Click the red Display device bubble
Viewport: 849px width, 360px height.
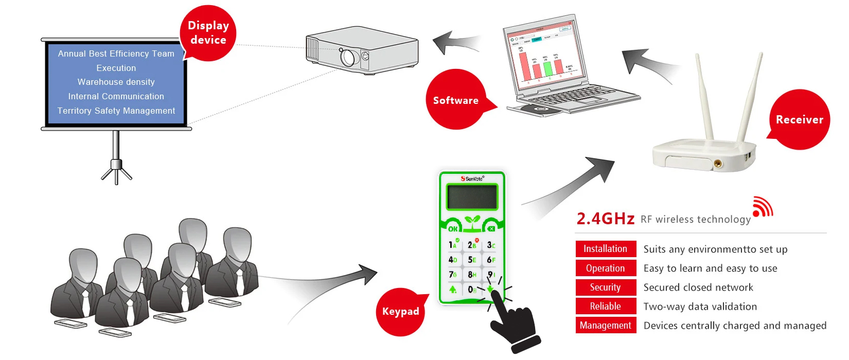208,33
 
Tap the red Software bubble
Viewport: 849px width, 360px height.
456,100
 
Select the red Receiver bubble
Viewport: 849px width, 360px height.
799,119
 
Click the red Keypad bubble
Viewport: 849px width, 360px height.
400,311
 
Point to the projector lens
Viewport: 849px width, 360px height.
348,57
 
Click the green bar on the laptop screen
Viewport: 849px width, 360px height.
547,68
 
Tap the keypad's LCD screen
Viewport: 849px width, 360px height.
472,197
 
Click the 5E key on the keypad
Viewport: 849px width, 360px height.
472,260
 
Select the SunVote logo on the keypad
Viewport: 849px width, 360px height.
472,178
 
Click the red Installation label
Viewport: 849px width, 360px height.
606,249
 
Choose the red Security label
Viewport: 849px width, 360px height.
606,287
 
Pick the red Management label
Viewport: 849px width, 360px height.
606,326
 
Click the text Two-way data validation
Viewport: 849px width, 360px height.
700,307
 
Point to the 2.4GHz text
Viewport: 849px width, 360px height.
605,219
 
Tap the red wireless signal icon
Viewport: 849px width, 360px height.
762,207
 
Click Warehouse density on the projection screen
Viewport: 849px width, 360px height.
116,82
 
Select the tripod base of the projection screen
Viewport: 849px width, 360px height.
116,171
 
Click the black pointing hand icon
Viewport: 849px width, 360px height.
515,324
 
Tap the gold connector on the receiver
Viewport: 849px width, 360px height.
717,164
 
